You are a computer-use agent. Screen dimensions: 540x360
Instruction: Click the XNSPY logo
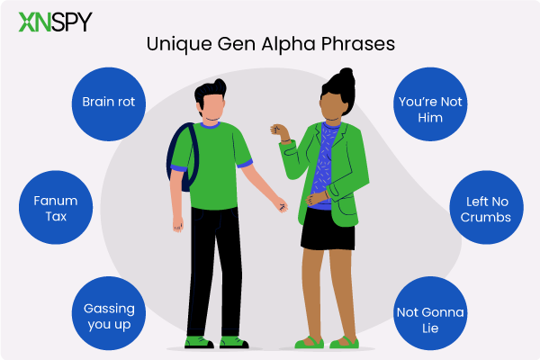click(x=56, y=22)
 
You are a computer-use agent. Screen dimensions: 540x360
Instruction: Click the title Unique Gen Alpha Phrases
click(x=271, y=44)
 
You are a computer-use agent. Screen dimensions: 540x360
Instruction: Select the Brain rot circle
click(x=109, y=104)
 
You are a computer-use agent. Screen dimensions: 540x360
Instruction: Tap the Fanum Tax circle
click(x=56, y=207)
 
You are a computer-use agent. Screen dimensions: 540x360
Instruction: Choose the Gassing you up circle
click(x=109, y=313)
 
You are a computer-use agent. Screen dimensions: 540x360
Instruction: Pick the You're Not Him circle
click(x=430, y=104)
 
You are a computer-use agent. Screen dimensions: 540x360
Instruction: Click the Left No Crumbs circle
click(x=487, y=207)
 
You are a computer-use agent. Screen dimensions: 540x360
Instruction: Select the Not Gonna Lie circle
click(x=430, y=313)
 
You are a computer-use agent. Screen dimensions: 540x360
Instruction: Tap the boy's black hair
click(x=210, y=91)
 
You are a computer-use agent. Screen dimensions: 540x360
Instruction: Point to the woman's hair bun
click(x=346, y=76)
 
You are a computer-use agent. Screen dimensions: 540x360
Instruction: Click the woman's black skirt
click(x=328, y=229)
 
